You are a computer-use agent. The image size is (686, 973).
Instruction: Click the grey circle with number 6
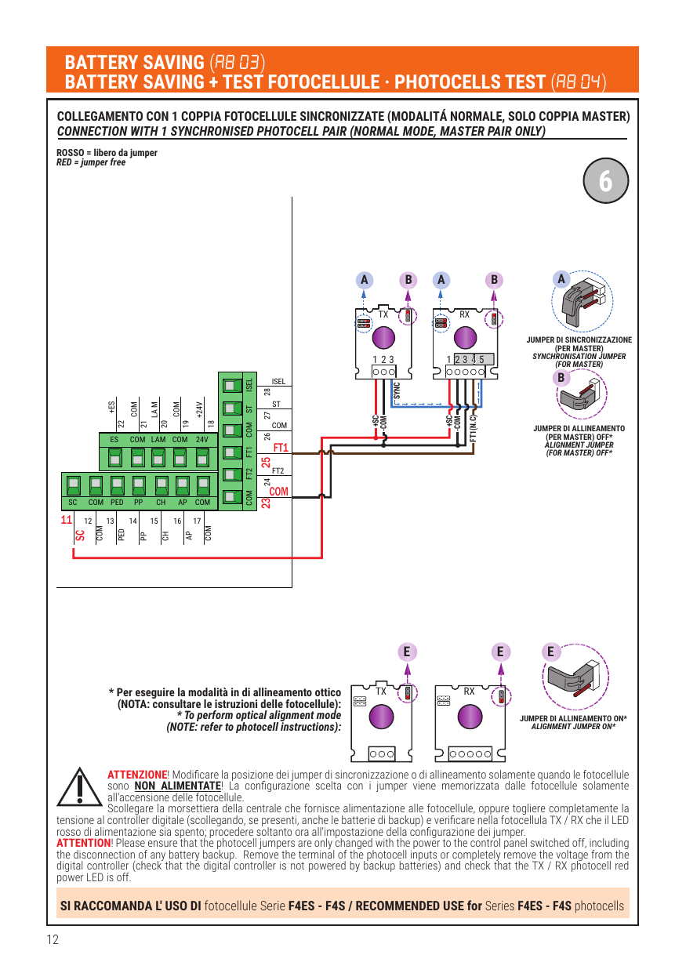[605, 180]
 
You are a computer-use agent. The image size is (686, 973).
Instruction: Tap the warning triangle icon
[79, 786]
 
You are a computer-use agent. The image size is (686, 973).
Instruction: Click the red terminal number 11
[66, 520]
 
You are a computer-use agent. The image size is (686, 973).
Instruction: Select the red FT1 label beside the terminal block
[281, 448]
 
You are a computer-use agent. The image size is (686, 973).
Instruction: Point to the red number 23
[266, 503]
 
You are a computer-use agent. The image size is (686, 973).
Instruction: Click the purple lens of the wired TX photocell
[383, 337]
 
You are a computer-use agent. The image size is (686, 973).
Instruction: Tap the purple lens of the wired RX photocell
[465, 337]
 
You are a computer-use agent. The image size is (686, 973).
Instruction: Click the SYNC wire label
[397, 390]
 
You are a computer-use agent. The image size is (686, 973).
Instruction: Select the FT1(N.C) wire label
[474, 428]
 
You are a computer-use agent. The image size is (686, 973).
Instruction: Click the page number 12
[53, 939]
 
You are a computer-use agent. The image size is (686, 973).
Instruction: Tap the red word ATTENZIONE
[137, 775]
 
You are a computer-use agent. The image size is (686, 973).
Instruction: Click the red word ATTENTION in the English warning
[84, 843]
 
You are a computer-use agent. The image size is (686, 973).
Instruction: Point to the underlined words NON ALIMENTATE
[178, 786]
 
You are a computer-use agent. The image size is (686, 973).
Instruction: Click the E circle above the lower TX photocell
[407, 652]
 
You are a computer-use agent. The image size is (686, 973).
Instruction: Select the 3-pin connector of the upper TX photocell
[383, 372]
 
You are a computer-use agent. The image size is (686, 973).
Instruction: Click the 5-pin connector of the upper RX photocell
[465, 372]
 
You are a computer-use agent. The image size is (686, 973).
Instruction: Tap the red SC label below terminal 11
[80, 536]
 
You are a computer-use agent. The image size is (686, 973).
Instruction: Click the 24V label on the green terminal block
[202, 440]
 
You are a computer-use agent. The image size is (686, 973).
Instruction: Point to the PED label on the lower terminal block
[117, 502]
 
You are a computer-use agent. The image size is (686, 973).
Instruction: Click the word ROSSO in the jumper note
[70, 152]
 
